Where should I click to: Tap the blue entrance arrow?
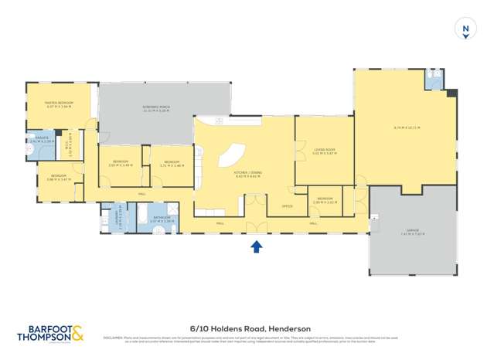257,246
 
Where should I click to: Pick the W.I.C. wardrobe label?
70,142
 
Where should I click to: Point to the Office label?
286,206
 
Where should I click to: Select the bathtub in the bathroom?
146,214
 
